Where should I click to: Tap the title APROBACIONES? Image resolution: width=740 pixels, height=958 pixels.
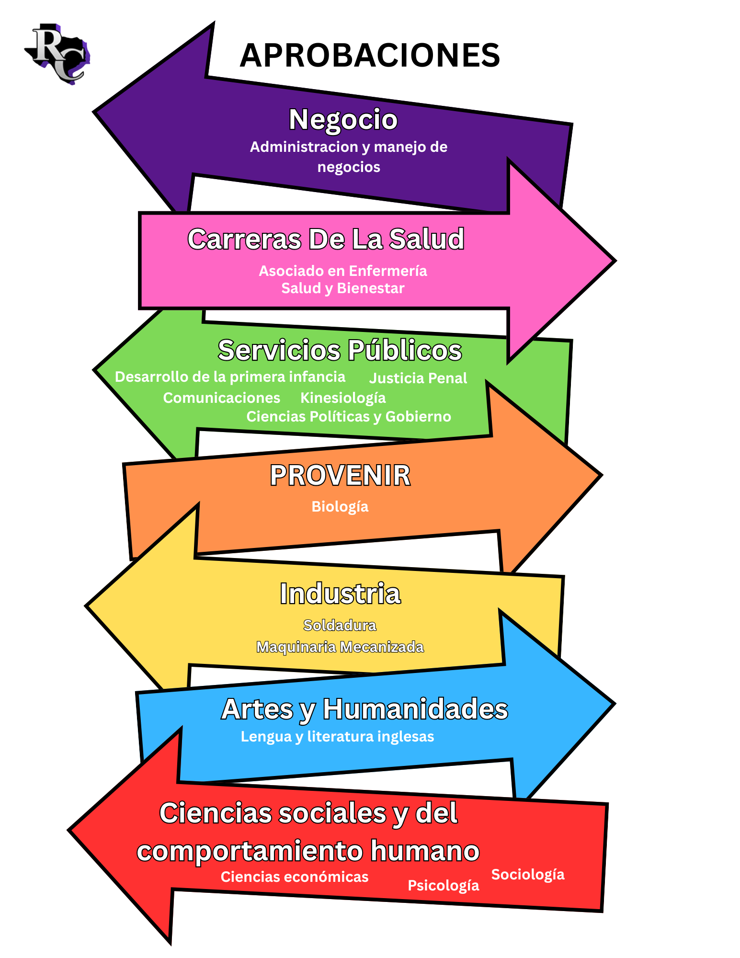[370, 55]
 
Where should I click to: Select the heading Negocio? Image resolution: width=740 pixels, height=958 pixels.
[343, 119]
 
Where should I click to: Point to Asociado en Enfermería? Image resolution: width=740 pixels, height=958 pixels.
[343, 271]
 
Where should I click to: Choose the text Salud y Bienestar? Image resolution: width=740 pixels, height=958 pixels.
[343, 288]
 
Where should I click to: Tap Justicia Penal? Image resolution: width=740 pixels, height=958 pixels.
[418, 378]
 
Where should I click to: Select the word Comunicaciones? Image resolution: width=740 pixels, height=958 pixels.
[221, 398]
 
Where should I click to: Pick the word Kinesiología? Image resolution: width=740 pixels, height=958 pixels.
[343, 398]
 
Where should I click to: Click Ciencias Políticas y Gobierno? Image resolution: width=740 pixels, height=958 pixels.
[349, 416]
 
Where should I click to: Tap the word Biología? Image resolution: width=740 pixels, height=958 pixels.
[340, 506]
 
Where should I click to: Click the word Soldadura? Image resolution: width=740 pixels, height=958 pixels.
[340, 625]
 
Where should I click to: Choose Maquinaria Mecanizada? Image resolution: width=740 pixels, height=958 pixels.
[340, 647]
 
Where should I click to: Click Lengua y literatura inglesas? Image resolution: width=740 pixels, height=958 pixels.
[337, 736]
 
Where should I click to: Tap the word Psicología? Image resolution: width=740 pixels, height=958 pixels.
[443, 885]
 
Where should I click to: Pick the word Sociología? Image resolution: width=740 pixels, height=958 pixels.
[528, 874]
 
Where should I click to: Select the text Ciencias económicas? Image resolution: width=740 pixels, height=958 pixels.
[295, 877]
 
